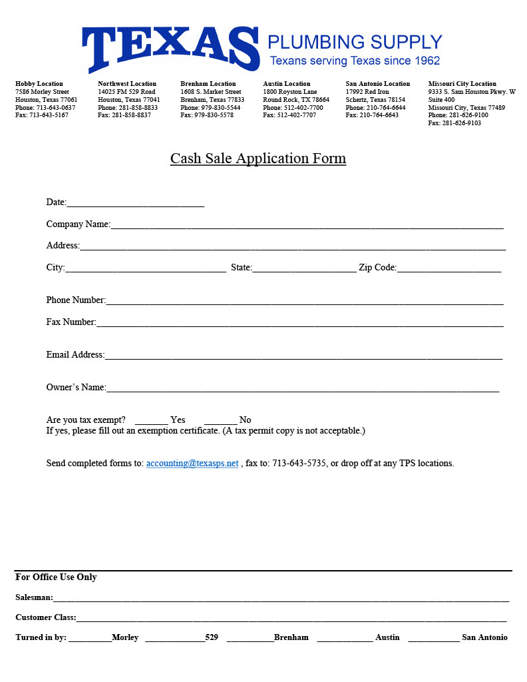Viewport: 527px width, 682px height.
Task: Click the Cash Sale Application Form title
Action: pyautogui.click(x=258, y=159)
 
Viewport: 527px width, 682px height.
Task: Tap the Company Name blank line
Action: pyautogui.click(x=307, y=226)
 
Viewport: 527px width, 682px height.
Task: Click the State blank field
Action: pyautogui.click(x=304, y=269)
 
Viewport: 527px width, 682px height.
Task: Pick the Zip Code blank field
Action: pyautogui.click(x=448, y=269)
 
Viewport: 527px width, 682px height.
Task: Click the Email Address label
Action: pyautogui.click(x=75, y=355)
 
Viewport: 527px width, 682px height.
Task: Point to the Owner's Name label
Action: pyautogui.click(x=76, y=388)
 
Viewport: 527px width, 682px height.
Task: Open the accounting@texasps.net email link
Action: pyautogui.click(x=192, y=464)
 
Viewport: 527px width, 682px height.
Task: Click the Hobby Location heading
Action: pyautogui.click(x=39, y=84)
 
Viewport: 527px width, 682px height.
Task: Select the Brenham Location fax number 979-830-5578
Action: pyautogui.click(x=214, y=115)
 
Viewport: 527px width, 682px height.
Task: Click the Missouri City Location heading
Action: pyautogui.click(x=462, y=84)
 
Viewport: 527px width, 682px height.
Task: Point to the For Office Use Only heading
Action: pyautogui.click(x=56, y=577)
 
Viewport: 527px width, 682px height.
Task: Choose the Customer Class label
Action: pyautogui.click(x=45, y=617)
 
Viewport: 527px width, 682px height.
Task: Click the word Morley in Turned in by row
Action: pyautogui.click(x=125, y=637)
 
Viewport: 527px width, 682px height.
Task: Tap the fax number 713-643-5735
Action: pyautogui.click(x=299, y=464)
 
